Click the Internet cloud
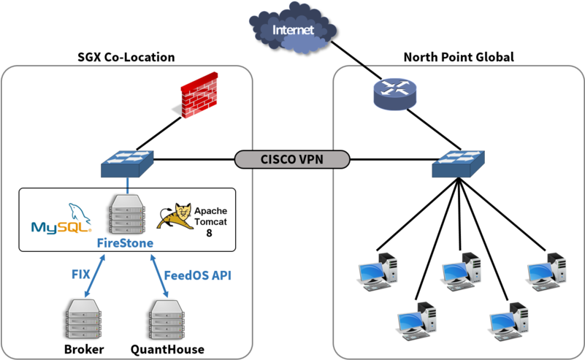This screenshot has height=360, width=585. tap(292, 31)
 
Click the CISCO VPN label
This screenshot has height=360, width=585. tap(293, 160)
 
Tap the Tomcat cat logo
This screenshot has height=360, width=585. tap(177, 215)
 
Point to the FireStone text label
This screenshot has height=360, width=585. tap(126, 243)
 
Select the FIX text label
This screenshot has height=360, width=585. tap(80, 275)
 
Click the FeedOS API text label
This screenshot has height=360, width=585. tap(198, 275)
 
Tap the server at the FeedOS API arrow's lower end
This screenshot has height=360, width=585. tap(167, 319)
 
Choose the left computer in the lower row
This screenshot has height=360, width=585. tap(417, 318)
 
